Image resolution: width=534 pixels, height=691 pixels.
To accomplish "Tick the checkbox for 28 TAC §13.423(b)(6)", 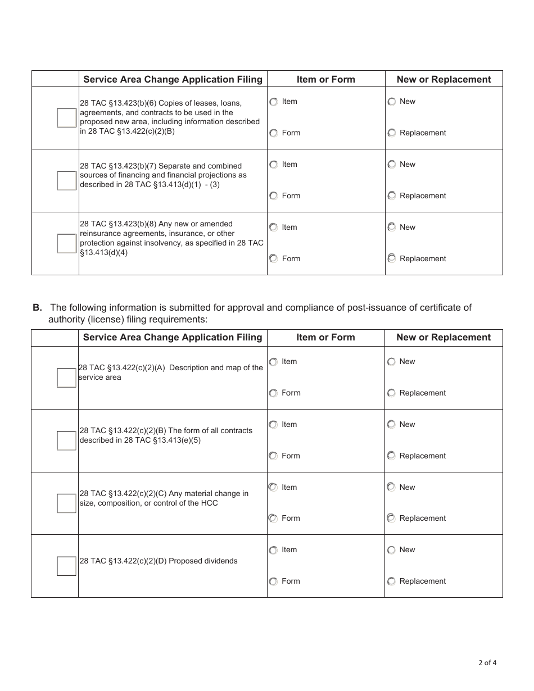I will (x=66, y=118).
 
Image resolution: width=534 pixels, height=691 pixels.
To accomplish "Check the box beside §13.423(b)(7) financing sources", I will (x=66, y=180).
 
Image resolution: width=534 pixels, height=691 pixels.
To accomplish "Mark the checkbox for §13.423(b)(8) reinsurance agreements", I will (x=66, y=243).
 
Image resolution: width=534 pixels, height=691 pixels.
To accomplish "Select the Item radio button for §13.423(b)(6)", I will (x=274, y=102).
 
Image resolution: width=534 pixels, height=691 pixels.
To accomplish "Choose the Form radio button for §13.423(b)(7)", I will (x=274, y=196).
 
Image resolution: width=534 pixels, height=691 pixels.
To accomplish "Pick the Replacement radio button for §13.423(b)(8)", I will (x=392, y=258).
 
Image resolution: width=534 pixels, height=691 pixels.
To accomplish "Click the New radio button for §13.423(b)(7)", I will (x=392, y=165).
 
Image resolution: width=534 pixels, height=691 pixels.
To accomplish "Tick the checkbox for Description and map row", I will (x=66, y=378).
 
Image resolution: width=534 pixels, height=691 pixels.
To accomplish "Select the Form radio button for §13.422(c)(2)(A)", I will (x=273, y=393).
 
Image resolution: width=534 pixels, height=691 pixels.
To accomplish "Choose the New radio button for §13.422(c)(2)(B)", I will (x=391, y=425).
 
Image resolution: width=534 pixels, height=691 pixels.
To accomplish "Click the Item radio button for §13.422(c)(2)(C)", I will (x=273, y=487).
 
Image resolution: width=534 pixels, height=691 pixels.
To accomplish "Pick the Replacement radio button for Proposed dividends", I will (x=391, y=581).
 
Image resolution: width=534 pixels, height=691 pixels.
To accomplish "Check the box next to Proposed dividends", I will (x=66, y=566).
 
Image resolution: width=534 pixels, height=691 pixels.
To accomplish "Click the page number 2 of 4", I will (x=487, y=662).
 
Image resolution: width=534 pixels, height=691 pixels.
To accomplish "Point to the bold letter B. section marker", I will (x=37, y=307).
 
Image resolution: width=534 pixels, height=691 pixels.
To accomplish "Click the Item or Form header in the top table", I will (x=326, y=79).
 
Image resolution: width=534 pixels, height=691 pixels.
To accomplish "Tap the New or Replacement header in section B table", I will (x=444, y=337).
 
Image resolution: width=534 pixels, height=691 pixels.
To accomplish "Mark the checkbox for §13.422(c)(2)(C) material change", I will (x=66, y=503).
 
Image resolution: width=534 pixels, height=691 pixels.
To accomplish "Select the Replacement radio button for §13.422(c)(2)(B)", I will (x=391, y=456).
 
